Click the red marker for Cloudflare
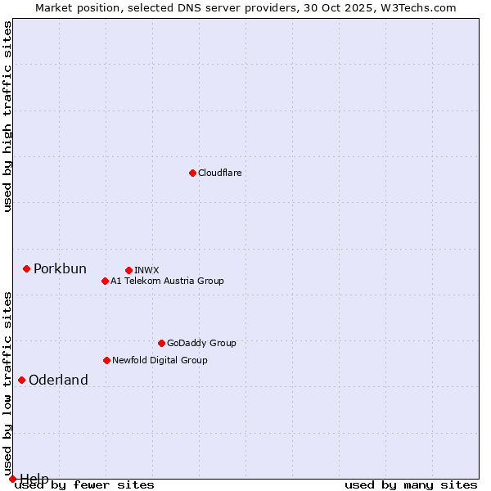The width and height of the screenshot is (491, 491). point(192,173)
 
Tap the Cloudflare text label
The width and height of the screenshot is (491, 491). point(220,173)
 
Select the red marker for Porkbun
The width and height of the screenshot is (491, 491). point(26,268)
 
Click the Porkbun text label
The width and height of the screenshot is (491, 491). point(60,269)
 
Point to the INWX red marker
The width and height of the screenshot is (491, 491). point(128,270)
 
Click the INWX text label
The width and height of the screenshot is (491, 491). point(146,270)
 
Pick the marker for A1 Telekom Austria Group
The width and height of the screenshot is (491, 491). point(105,281)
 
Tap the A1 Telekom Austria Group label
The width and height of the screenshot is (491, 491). point(167,281)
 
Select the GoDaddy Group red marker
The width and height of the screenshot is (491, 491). point(161,343)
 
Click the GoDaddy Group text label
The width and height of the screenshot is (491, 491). point(201,343)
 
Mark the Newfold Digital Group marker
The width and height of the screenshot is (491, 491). point(106,360)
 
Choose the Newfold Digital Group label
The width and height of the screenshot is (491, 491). point(160,360)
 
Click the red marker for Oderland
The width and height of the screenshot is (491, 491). point(21,380)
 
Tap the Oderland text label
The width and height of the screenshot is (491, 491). point(58,380)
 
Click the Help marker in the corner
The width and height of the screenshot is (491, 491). point(12,479)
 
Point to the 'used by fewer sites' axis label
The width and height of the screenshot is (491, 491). point(84,484)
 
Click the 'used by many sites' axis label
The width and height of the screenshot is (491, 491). point(411,484)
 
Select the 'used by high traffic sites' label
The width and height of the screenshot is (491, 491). point(7,116)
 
